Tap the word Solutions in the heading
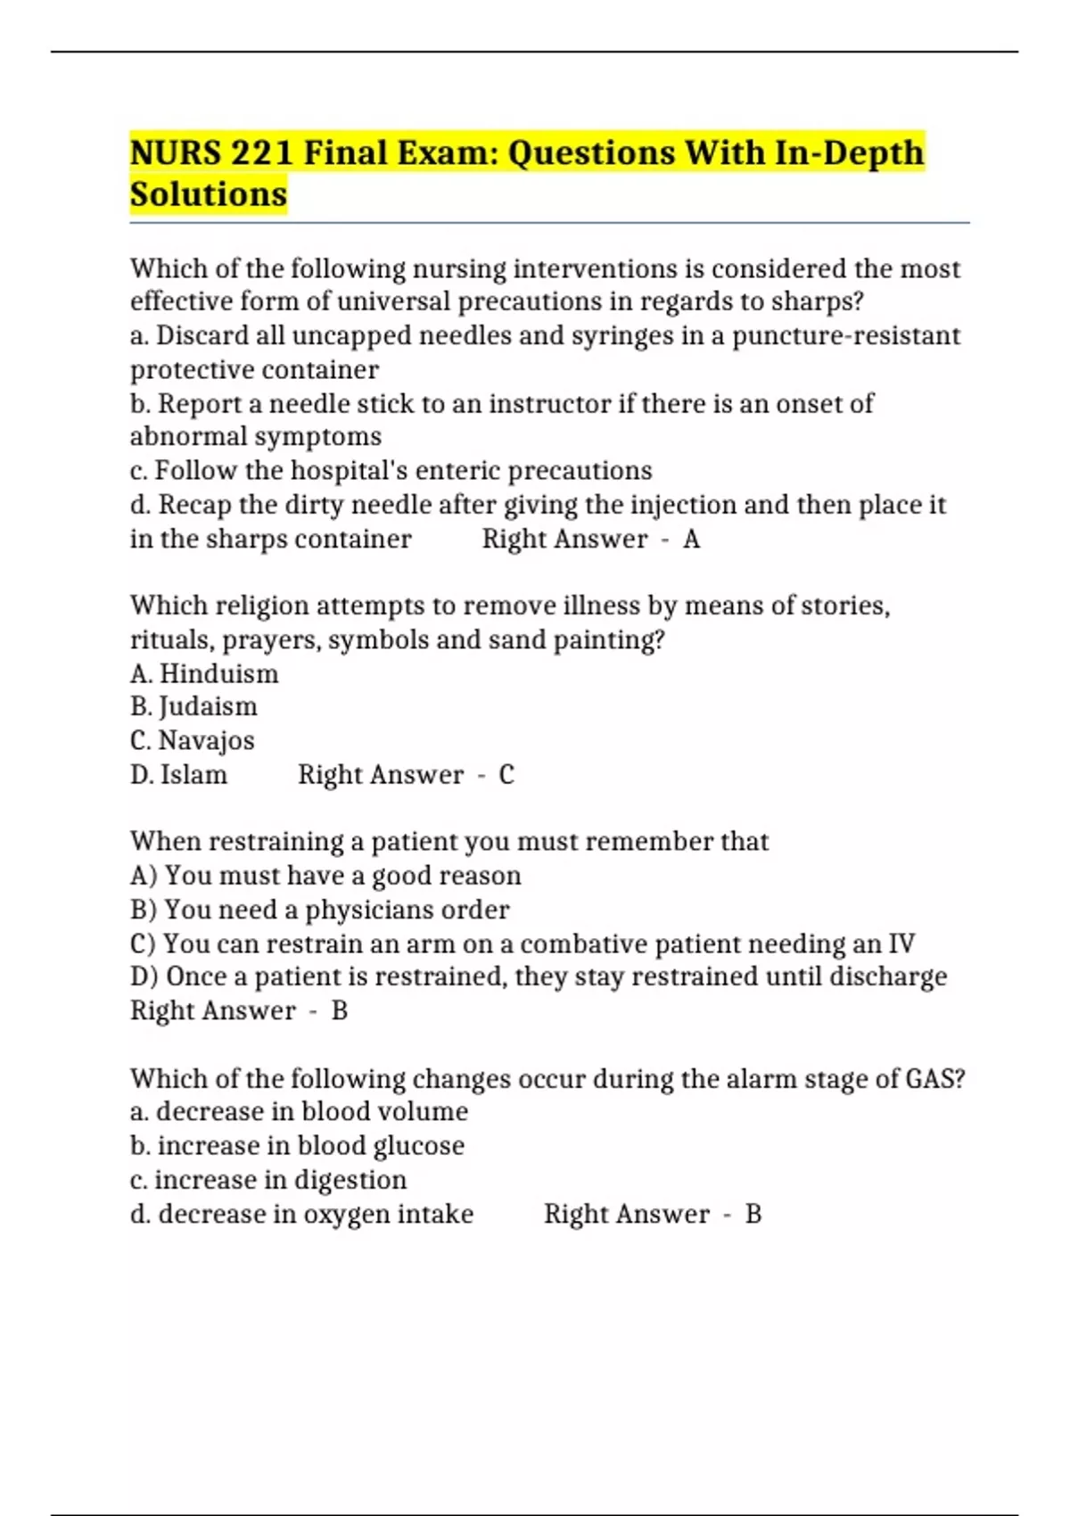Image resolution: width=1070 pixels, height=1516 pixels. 209,194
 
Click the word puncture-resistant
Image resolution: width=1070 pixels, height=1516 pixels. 846,336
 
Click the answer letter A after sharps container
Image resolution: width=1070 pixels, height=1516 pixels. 691,540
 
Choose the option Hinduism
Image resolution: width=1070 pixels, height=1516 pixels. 218,674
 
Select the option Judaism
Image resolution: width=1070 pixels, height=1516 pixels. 208,707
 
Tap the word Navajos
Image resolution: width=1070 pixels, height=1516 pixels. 206,741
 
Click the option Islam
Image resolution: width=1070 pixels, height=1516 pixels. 193,775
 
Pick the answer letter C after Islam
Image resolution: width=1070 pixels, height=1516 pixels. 506,775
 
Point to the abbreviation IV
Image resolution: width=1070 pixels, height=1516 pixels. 901,944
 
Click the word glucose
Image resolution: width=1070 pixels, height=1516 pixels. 418,1146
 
